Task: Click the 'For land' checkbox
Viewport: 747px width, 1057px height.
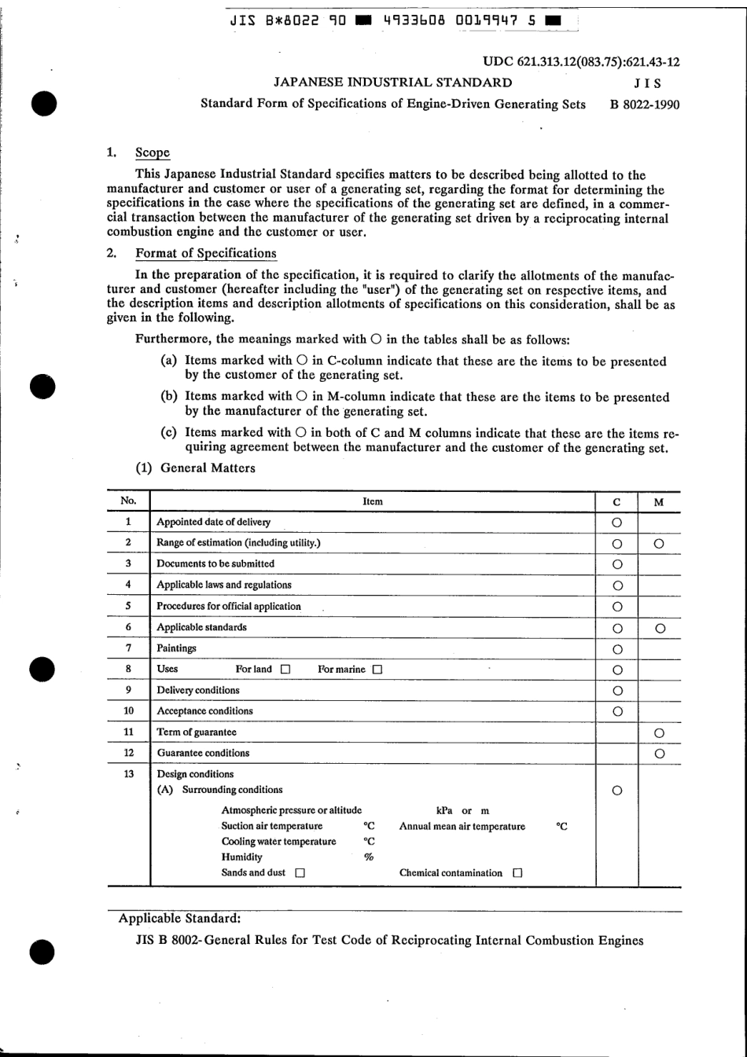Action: [x=285, y=670]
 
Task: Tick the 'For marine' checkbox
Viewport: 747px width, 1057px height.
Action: [x=377, y=670]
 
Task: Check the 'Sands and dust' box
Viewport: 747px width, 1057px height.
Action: [x=300, y=873]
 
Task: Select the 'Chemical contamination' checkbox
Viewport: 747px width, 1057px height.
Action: [x=517, y=873]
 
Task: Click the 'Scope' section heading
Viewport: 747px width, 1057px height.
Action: [x=152, y=152]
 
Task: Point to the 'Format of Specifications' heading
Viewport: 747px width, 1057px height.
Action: [x=205, y=253]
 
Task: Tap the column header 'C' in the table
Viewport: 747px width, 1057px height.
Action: [x=616, y=502]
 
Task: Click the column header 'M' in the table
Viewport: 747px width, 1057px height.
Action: [x=659, y=502]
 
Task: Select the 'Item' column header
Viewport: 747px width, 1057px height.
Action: [x=373, y=501]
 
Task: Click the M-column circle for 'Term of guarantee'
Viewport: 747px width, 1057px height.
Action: [x=660, y=733]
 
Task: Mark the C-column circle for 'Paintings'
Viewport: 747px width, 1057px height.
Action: [x=617, y=649]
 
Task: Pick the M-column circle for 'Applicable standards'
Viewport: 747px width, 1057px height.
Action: [x=660, y=628]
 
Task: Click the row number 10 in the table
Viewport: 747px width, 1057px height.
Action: [x=128, y=710]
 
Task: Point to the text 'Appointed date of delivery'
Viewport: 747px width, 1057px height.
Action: [x=213, y=522]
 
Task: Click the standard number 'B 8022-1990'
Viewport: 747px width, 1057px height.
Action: [x=645, y=104]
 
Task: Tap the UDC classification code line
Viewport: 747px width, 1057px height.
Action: [x=581, y=62]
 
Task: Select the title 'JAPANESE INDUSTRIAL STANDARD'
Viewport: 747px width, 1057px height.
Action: [x=392, y=83]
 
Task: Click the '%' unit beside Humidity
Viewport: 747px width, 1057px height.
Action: [x=369, y=857]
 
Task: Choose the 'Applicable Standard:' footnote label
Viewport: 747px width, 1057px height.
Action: [x=179, y=918]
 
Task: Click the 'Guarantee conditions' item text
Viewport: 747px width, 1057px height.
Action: [x=203, y=753]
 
